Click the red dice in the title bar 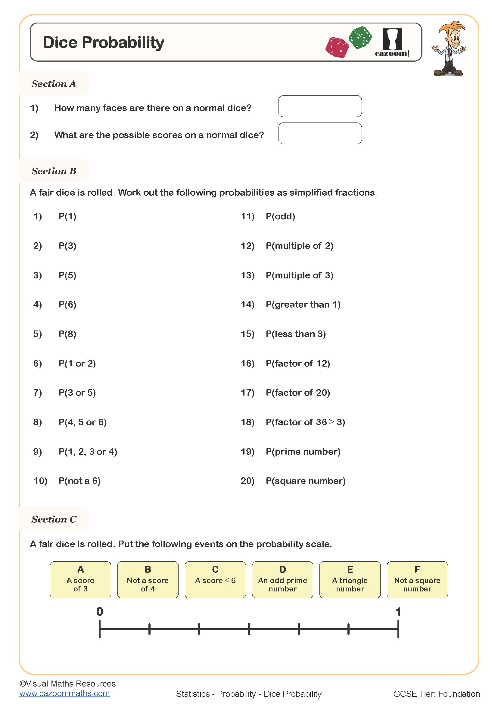point(337,48)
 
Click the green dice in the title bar point(360,37)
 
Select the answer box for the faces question point(320,106)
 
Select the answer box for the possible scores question point(320,133)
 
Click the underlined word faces point(115,108)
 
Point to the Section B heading point(54,171)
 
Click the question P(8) point(67,334)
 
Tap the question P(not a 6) point(79,481)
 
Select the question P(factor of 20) point(297,392)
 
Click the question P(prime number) point(303,451)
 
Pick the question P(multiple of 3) point(299,275)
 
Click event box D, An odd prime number point(282,580)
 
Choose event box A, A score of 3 point(80,580)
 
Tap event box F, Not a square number point(417,580)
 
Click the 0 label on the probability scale point(100,612)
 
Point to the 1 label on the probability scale point(398,612)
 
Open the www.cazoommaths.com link point(64,693)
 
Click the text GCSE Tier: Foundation point(436,693)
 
